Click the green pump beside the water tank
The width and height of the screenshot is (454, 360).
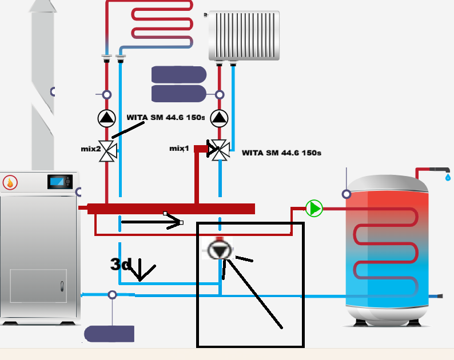pos(314,208)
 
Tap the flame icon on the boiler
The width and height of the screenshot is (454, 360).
pos(10,183)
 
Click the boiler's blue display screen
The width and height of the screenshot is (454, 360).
pos(57,182)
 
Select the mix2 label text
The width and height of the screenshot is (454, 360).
pos(90,149)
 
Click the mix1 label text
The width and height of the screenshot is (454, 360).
pos(179,148)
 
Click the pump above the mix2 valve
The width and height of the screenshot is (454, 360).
pos(106,118)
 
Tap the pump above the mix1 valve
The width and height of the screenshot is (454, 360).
pos(219,118)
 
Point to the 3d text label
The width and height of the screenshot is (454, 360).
pos(121,265)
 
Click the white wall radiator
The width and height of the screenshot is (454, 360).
pos(244,35)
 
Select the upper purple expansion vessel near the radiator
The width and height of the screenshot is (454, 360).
pos(178,74)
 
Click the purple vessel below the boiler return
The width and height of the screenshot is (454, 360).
pos(109,334)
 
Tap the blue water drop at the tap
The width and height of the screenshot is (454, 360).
pos(447,178)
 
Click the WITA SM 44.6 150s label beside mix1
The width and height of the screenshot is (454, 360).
pos(281,153)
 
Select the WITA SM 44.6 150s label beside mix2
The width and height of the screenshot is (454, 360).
pos(165,117)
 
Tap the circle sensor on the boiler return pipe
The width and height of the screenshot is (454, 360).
pos(112,295)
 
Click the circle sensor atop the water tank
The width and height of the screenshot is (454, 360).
pos(347,194)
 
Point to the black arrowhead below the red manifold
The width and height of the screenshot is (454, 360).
pos(174,222)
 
